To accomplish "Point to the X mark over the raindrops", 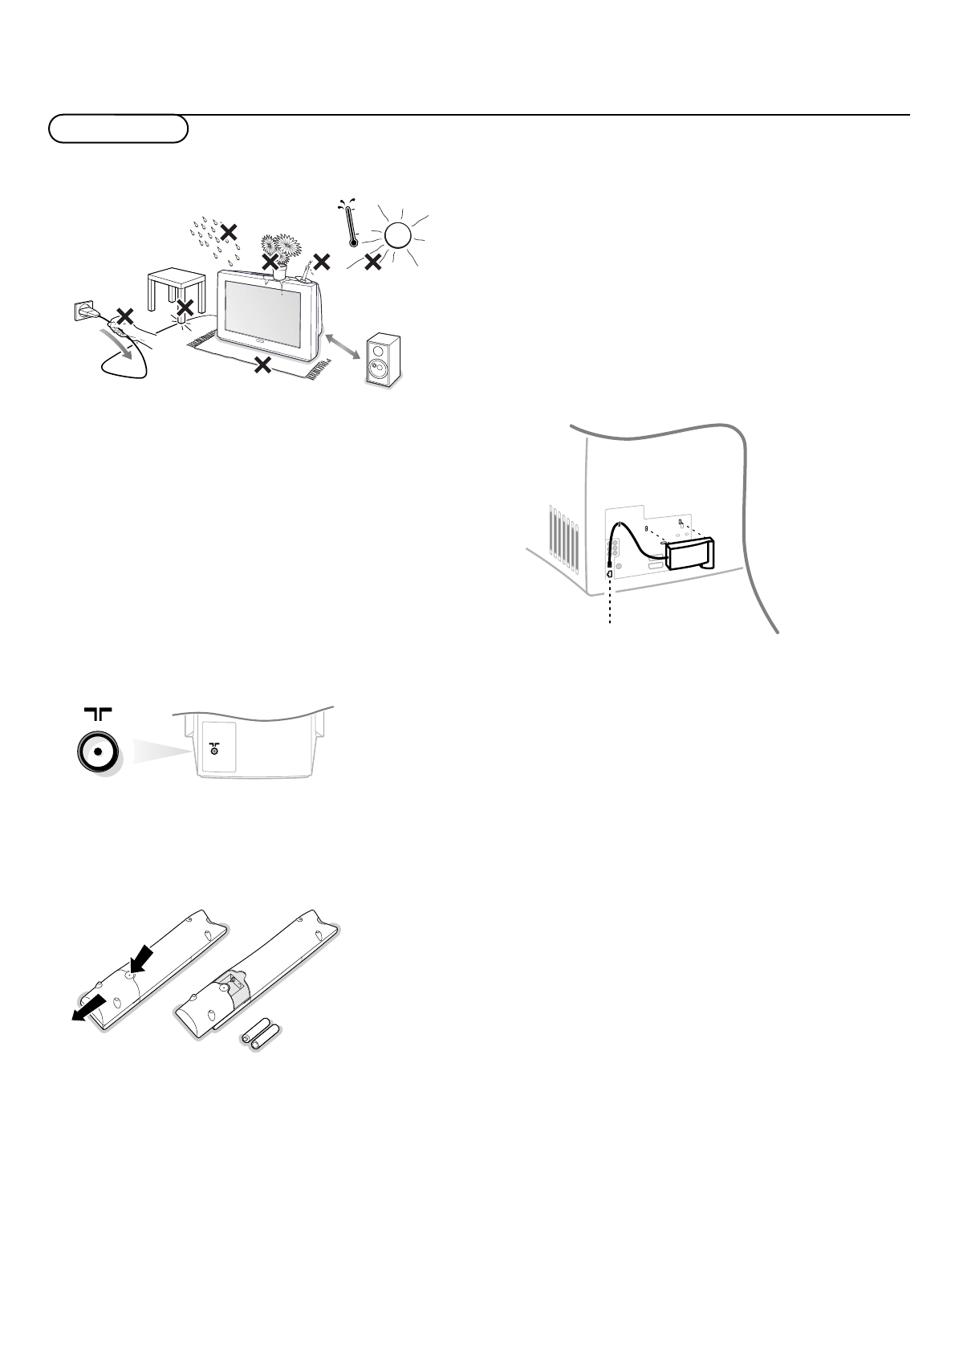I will click(229, 232).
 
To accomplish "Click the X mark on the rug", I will click(262, 365).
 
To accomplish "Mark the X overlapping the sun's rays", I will click(372, 262).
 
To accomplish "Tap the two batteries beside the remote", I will click(259, 1037).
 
